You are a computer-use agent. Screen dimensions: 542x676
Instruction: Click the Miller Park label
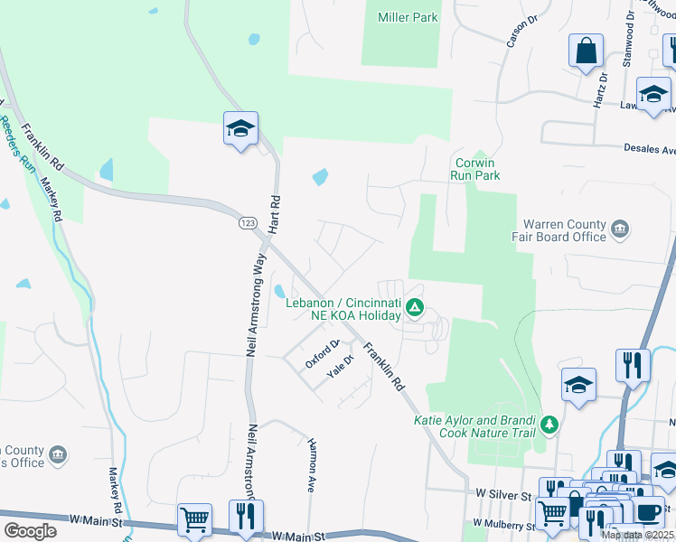pyautogui.click(x=408, y=18)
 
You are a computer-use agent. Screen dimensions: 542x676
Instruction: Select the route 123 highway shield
pyautogui.click(x=246, y=222)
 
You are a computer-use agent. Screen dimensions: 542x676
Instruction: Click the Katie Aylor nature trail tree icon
pyautogui.click(x=548, y=423)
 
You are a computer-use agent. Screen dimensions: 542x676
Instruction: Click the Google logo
pyautogui.click(x=30, y=530)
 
